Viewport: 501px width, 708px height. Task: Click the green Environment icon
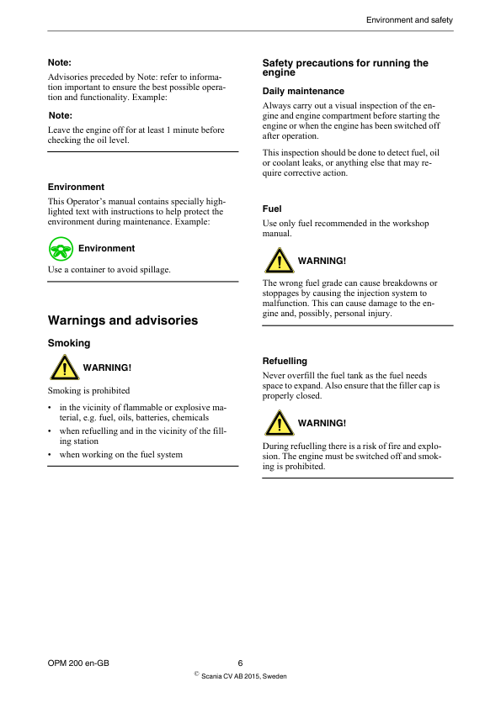61,248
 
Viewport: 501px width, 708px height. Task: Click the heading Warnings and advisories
123,320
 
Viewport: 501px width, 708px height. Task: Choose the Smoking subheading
69,343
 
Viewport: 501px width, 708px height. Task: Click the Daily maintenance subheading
303,91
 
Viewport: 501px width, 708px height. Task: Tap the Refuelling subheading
285,361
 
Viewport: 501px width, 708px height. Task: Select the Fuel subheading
272,209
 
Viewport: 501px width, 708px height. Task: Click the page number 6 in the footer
240,663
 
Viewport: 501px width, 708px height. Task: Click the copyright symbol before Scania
195,674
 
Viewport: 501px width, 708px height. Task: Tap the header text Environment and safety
409,19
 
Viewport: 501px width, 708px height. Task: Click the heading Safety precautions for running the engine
345,68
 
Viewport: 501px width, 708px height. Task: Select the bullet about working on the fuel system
120,455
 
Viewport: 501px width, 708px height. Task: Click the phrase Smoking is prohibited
89,390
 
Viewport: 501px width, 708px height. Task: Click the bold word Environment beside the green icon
106,249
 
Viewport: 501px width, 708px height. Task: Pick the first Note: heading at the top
59,62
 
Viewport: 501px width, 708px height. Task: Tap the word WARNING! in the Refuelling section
322,423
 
